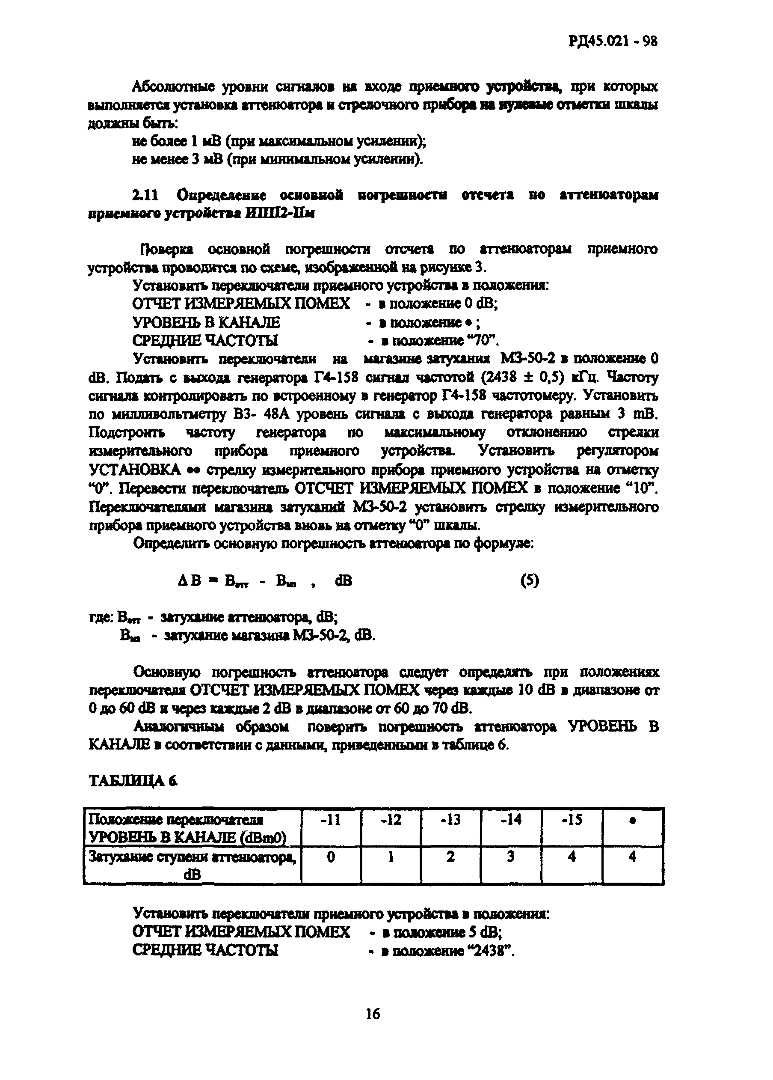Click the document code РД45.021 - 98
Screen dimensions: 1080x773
point(613,42)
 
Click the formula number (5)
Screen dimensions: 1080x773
point(529,580)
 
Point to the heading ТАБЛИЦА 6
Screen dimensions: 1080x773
point(134,780)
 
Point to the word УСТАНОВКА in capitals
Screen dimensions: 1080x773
point(135,470)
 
